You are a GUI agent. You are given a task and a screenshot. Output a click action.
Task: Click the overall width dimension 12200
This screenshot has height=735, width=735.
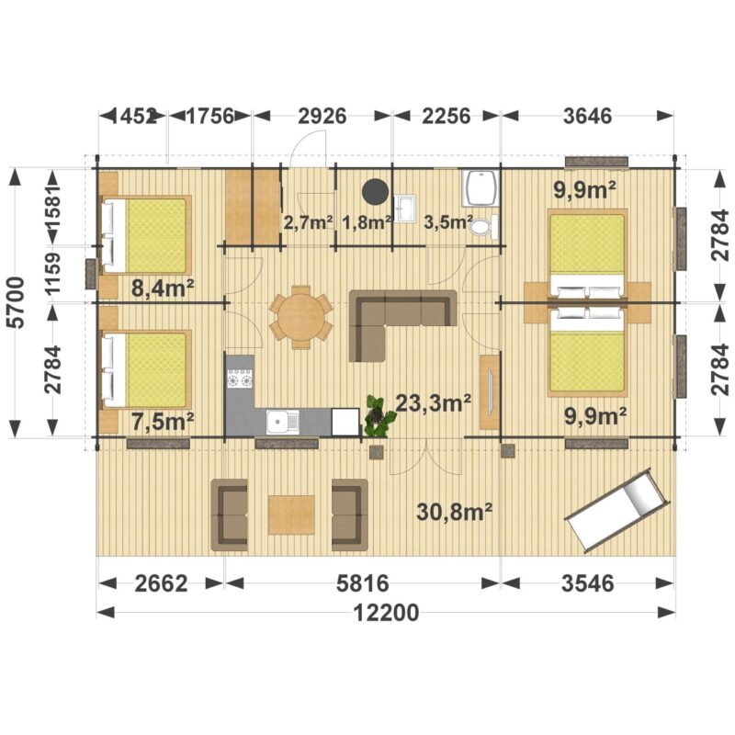tap(386, 612)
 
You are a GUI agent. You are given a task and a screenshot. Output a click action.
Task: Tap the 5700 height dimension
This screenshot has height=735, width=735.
tap(17, 303)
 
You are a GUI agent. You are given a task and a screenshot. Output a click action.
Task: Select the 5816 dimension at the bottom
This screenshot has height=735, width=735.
tap(362, 583)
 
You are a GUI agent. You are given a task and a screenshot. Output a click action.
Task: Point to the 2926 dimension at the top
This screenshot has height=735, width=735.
tap(322, 116)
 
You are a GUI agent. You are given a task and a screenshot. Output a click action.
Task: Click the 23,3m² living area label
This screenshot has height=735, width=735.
tap(434, 402)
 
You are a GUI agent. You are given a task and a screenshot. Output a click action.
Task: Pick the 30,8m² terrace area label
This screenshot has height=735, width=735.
tap(454, 512)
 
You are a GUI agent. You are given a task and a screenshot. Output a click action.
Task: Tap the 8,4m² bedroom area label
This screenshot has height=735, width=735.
tap(163, 288)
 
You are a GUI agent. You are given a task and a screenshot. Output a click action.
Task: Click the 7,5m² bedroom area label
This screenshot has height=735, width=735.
tap(163, 422)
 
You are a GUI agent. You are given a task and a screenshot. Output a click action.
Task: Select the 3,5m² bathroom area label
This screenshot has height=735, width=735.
tap(446, 222)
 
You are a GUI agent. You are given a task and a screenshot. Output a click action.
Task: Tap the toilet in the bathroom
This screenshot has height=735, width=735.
tap(482, 227)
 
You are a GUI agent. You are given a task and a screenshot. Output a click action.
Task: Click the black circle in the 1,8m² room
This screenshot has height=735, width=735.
tap(375, 192)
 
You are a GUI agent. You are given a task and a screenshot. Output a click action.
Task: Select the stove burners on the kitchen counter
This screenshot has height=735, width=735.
tap(240, 379)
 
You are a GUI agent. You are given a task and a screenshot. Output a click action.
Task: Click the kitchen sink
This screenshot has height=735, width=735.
tap(283, 422)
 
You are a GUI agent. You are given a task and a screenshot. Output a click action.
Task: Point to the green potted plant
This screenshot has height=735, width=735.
tap(378, 416)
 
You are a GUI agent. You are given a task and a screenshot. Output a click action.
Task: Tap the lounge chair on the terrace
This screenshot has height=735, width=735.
tap(616, 510)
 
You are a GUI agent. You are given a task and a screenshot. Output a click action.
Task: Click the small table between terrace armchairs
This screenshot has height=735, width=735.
tap(291, 514)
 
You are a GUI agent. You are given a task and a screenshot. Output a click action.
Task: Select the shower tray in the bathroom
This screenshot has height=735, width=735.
tap(480, 188)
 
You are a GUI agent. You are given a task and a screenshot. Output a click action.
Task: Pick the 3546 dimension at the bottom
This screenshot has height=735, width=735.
tap(587, 583)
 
